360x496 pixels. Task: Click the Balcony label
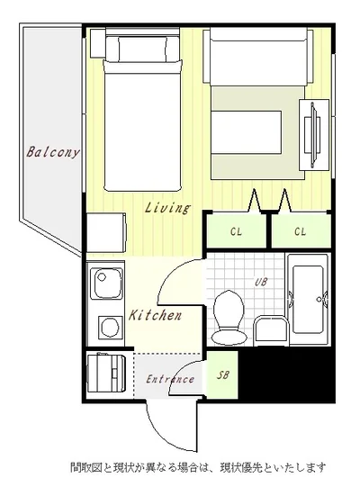[52, 151]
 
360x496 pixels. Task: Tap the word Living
[167, 208]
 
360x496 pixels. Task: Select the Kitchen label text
[156, 315]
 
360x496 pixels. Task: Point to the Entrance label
[170, 379]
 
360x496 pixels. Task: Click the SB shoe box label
[222, 374]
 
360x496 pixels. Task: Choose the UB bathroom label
[261, 282]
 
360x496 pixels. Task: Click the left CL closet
[237, 231]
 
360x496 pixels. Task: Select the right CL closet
[301, 231]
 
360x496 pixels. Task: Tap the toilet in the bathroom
[229, 317]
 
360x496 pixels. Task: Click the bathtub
[308, 299]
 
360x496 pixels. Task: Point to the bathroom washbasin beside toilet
[271, 330]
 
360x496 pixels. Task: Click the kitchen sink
[106, 284]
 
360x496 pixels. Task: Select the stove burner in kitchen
[111, 327]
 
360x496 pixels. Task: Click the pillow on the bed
[143, 49]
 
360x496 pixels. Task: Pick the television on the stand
[313, 134]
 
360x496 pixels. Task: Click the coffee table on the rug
[247, 132]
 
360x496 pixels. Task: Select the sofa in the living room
[257, 57]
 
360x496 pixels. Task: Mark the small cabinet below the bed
[106, 232]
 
